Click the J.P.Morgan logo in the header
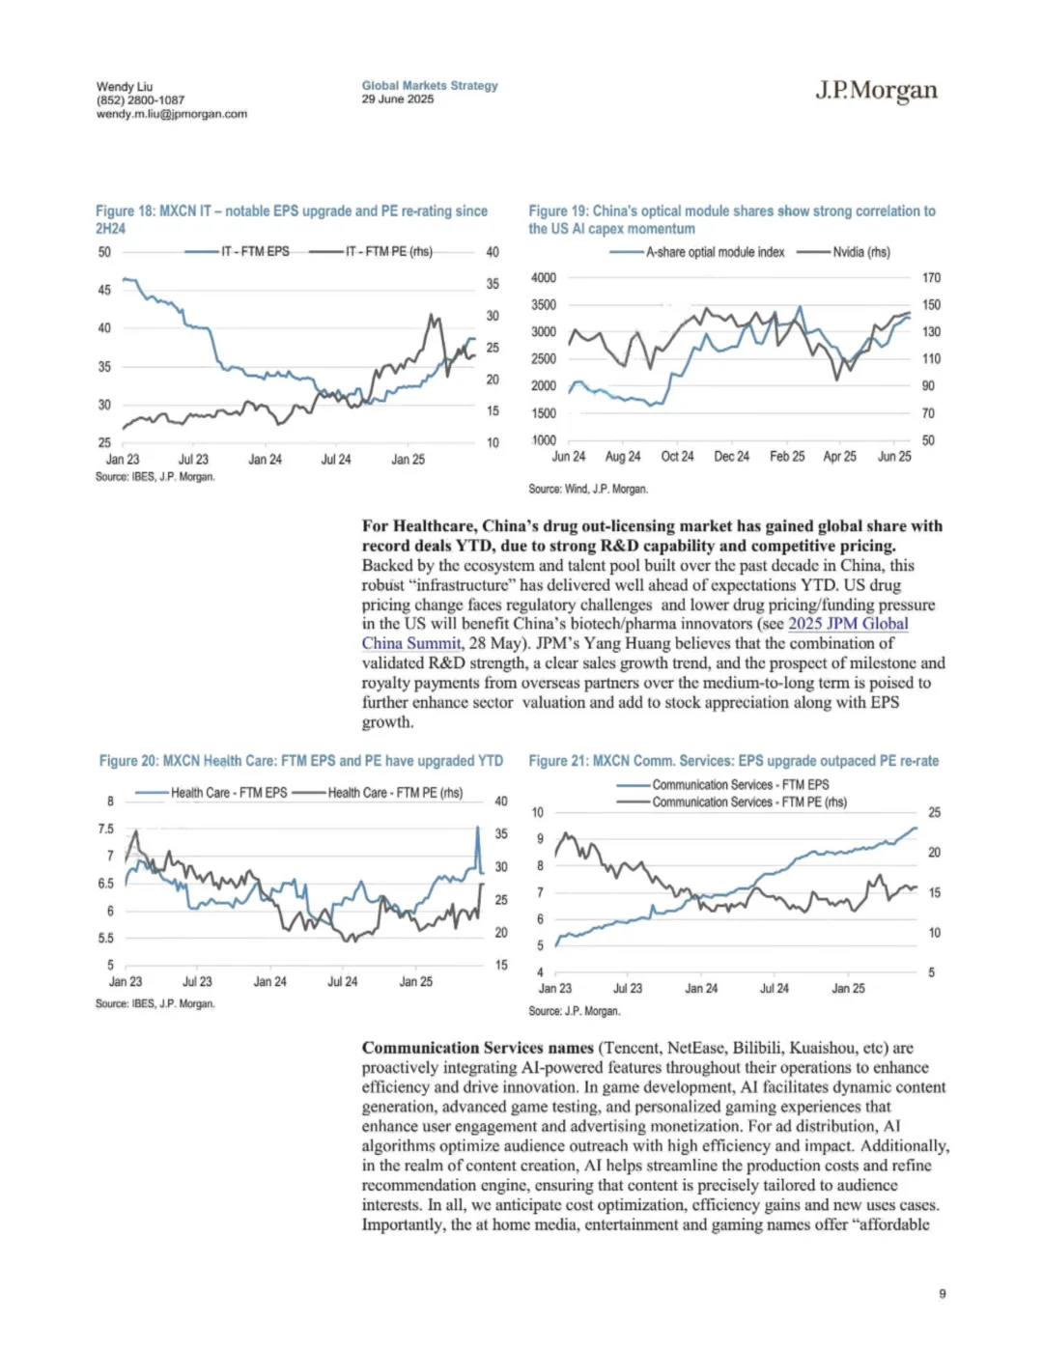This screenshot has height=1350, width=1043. pos(876,91)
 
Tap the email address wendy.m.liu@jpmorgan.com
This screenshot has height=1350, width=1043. pos(171,114)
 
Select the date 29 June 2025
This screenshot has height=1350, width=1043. pos(398,99)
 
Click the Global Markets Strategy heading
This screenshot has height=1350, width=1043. pos(430,85)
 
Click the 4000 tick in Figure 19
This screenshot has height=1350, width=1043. pos(544,278)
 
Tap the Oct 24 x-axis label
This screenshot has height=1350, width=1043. pos(677,457)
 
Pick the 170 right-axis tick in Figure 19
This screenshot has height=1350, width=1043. pos(931,278)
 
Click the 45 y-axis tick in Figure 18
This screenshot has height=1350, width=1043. pos(104,290)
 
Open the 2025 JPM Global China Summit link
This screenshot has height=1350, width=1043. pos(847,624)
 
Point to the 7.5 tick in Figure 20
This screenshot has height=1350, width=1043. pos(105,829)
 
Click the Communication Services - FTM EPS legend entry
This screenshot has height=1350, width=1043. pos(740,785)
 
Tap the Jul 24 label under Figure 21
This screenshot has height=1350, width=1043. pos(774,989)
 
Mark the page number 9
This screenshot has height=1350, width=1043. pos(942,1294)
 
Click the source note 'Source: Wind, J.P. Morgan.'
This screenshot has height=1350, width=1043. pos(587,490)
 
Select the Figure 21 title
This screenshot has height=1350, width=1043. pos(733,761)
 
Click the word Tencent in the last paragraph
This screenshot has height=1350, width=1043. pos(630,1048)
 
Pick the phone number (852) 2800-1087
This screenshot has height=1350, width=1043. pos(140,100)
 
